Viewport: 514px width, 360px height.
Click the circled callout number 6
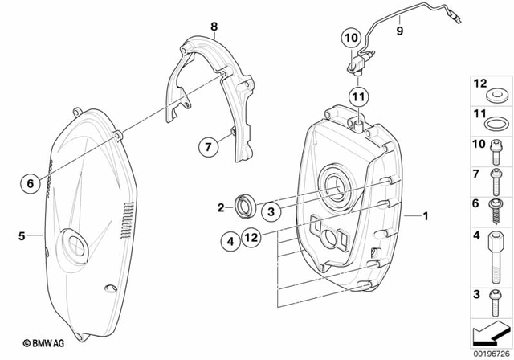coord(31,183)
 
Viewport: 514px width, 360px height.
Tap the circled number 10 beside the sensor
coord(351,37)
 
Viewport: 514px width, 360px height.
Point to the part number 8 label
coord(214,27)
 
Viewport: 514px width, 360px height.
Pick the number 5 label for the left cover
coord(22,235)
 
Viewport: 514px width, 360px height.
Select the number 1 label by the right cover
coord(426,215)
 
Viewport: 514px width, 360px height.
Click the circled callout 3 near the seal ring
coord(271,210)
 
